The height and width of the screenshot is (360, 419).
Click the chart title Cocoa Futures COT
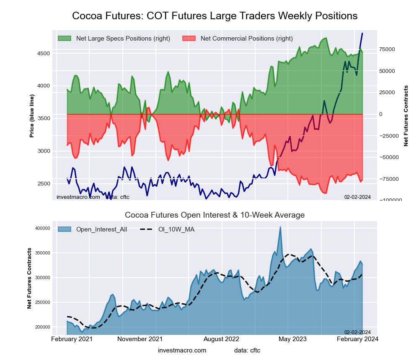215,15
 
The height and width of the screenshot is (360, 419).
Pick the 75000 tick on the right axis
388,49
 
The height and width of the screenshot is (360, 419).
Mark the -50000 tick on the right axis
389,157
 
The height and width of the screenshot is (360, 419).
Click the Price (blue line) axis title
32,116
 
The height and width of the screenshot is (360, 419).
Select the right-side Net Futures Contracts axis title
406,116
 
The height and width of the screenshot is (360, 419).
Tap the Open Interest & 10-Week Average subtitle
215,215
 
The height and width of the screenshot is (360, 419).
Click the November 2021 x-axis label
140,339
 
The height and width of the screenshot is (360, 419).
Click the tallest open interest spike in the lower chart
280,227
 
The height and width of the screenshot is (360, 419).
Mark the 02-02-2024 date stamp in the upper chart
357,197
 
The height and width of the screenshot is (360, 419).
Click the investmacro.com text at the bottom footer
182,350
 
